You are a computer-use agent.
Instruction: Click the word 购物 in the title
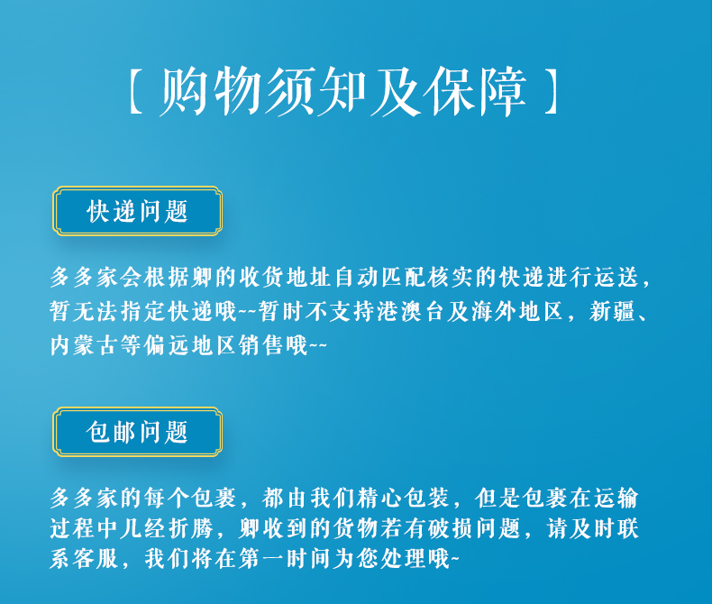[211, 91]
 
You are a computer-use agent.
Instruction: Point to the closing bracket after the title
[551, 91]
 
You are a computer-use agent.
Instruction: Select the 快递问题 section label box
[137, 211]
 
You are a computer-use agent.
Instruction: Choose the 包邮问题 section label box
[137, 432]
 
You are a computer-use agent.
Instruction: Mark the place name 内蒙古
[85, 345]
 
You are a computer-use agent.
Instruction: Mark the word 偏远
[168, 345]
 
